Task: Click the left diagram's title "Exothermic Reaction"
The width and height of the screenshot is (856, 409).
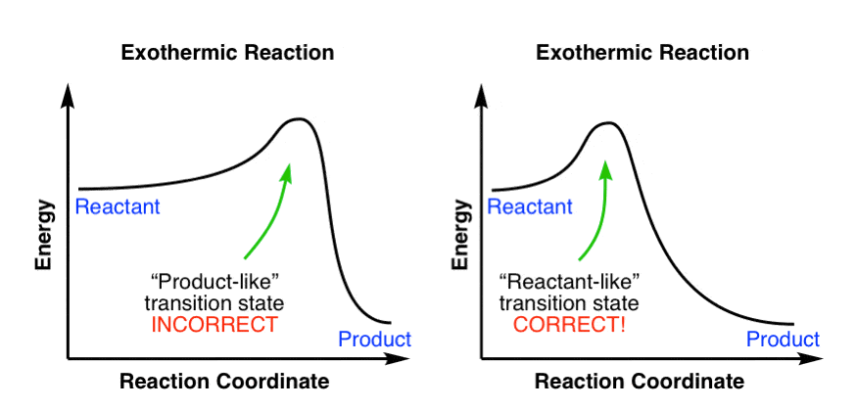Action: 227,52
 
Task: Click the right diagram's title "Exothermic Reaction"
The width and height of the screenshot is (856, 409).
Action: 642,52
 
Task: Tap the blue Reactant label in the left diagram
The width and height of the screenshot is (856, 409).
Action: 118,206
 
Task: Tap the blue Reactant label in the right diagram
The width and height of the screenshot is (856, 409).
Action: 530,206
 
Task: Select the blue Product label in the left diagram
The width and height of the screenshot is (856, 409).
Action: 374,340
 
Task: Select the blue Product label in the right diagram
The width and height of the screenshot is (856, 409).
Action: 783,340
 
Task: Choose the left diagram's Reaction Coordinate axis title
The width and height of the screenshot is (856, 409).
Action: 224,381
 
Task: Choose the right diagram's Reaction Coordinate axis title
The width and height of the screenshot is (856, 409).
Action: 640,381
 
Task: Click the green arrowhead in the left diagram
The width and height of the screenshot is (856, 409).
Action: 288,170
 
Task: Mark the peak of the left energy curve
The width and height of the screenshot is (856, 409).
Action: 298,119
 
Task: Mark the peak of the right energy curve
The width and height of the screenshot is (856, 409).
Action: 606,123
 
